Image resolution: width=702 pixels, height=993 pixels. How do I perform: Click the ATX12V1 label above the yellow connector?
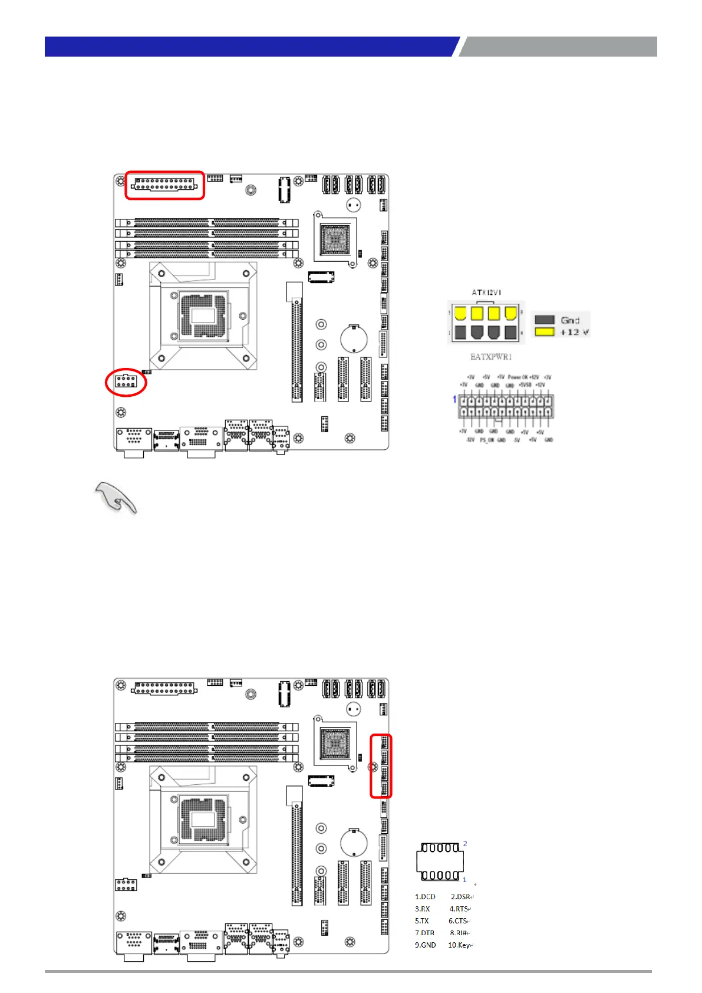pos(486,292)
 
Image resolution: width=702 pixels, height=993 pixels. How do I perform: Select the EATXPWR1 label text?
pos(491,357)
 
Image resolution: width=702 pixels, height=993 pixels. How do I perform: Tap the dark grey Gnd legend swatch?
pos(544,320)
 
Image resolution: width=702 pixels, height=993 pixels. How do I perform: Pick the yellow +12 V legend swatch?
pos(544,332)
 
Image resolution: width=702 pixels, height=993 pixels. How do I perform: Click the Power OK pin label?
pos(518,377)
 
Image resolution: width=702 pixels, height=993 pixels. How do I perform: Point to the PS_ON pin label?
pos(486,440)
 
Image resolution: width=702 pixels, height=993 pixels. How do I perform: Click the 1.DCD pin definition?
pos(425,897)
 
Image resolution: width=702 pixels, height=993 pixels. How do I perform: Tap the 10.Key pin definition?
pos(459,945)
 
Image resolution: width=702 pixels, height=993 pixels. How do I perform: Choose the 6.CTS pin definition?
pos(458,921)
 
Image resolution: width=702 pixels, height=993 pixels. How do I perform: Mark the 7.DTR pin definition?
pos(424,933)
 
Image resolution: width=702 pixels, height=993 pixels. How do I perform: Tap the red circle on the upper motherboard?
pos(126,382)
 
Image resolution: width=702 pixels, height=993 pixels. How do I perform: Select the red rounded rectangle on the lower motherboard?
pos(381,766)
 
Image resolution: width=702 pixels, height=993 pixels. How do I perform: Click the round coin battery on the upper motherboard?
pos(354,338)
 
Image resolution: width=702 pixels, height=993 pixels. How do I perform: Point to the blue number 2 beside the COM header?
pos(465,844)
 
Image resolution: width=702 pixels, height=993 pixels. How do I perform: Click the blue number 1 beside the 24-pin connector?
pos(454,399)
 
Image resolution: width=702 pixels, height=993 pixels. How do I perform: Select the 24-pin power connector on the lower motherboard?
pos(164,688)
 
